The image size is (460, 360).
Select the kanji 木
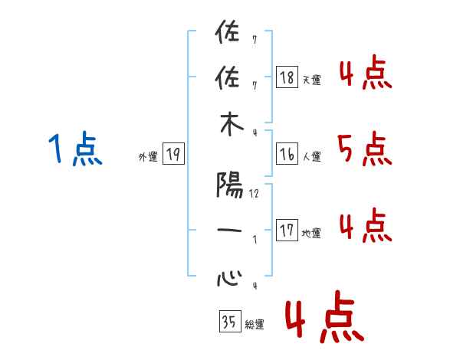228,128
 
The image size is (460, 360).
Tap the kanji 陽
228,185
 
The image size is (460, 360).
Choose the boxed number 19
172,155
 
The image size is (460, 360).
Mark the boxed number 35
229,322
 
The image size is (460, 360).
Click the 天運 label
311,80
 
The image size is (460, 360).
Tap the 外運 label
147,157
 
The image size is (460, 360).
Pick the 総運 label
254,324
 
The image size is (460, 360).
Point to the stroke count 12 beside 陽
254,194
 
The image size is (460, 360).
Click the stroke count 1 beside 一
255,240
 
